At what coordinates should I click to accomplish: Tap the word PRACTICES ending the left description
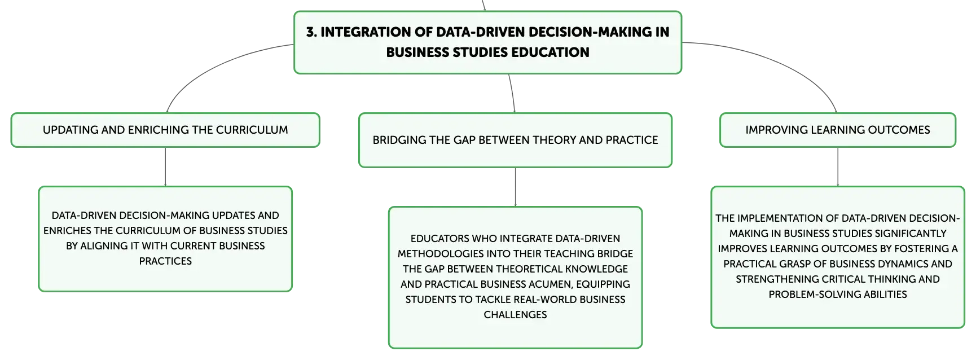coord(165,261)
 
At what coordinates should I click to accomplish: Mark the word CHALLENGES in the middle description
coord(515,315)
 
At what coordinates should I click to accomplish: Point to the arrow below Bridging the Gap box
coord(515,187)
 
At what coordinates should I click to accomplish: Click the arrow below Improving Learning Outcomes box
coord(838,167)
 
